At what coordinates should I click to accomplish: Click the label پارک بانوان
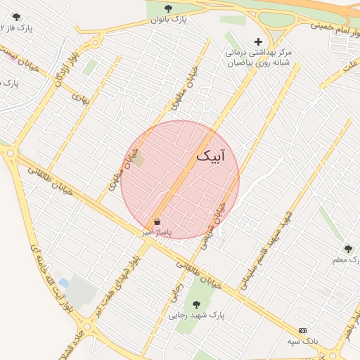coord(169,20)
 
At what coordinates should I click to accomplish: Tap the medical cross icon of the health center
coord(258,41)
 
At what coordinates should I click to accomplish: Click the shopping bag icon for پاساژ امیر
coord(156,221)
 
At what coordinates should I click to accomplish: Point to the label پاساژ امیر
coord(155,231)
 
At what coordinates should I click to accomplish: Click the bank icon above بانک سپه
coord(303,330)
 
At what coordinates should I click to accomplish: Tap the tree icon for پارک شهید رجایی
coord(196,304)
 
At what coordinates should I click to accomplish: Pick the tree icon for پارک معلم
coord(348,248)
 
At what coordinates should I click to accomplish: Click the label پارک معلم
coord(346,260)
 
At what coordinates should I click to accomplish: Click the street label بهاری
coord(86,98)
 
